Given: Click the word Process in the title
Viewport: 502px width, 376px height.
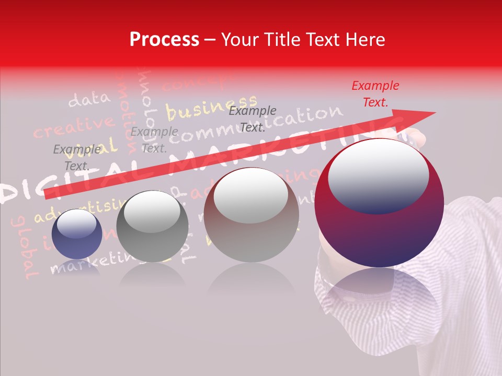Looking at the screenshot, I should tap(164, 40).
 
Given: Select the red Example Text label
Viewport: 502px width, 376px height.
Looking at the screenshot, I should tap(375, 94).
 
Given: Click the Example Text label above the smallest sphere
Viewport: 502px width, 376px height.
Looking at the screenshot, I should tap(76, 158).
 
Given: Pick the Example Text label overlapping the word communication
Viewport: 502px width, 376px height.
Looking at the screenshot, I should tap(253, 119).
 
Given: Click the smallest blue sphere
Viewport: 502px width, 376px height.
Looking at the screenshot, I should tap(77, 233).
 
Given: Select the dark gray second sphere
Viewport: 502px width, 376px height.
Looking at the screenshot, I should tap(152, 227).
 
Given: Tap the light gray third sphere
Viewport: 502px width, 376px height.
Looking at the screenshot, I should tap(251, 215).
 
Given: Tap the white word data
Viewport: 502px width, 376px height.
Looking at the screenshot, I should tap(89, 99).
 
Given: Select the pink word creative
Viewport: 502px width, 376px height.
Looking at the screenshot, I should tap(73, 127).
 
